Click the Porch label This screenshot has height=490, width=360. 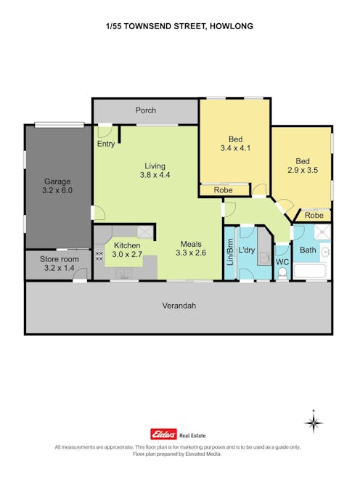(x=146, y=110)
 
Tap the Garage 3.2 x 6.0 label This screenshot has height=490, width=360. (x=57, y=186)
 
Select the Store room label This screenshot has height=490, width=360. (x=57, y=264)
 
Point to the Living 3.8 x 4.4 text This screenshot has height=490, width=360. (x=155, y=170)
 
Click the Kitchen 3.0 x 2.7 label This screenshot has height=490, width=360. (x=126, y=250)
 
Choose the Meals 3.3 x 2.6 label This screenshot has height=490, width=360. (x=191, y=249)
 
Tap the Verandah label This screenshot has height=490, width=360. (x=179, y=306)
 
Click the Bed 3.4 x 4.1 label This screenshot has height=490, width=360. (x=235, y=144)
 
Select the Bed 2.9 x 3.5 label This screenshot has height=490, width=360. (x=302, y=166)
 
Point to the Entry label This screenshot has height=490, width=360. (x=105, y=144)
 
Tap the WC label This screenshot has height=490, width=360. (x=282, y=261)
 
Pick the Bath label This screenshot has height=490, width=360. (x=308, y=250)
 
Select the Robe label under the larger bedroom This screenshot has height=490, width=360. (x=224, y=190)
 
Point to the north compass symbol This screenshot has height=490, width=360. (x=313, y=422)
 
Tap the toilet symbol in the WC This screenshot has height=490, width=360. (x=282, y=274)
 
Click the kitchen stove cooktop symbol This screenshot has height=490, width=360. (x=99, y=255)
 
